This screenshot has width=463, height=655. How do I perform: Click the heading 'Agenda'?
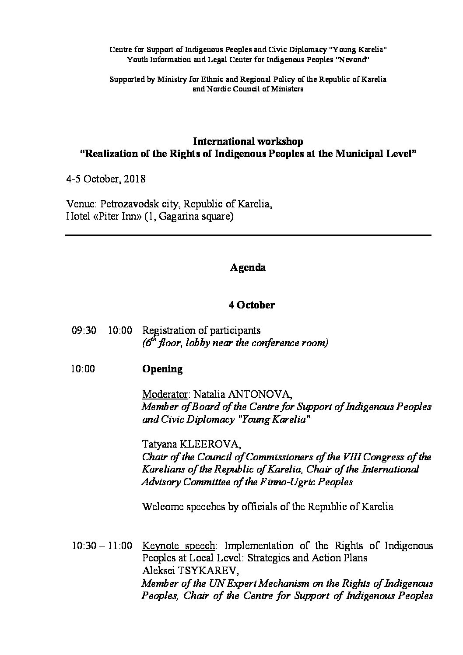point(248,267)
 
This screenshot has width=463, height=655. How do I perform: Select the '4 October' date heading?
point(252,305)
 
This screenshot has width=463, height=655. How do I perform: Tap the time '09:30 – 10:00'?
point(102,330)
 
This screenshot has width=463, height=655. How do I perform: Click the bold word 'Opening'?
point(162,369)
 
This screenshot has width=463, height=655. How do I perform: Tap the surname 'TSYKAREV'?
point(206,571)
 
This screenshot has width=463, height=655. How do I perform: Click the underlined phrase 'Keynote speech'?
point(179,546)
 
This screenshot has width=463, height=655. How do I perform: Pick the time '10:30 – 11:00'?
point(102,546)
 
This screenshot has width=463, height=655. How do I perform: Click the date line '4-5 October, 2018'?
point(106,179)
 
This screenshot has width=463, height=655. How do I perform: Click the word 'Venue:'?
point(81,204)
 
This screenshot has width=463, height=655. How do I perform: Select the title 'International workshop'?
point(248,141)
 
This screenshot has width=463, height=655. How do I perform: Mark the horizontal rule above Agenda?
point(248,235)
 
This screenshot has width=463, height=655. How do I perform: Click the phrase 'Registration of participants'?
point(202,330)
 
